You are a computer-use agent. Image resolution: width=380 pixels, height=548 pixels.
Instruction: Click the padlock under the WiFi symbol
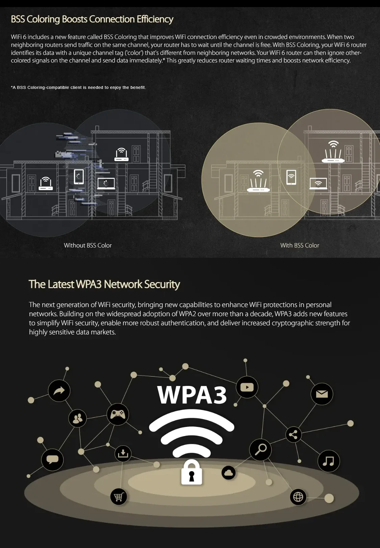pos(192,472)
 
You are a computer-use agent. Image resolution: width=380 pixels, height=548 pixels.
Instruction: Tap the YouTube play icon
pos(247,387)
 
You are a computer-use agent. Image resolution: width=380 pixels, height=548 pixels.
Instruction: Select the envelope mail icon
pos(322,394)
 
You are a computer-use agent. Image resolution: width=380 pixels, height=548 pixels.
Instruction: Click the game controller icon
pos(118,414)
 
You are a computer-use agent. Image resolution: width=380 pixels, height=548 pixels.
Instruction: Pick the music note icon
pos(328,461)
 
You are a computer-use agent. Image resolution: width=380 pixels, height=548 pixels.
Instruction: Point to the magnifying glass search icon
pos(260,449)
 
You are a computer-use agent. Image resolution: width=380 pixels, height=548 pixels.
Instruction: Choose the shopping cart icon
pos(119,497)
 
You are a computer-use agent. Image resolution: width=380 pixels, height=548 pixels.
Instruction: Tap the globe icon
pos(298,497)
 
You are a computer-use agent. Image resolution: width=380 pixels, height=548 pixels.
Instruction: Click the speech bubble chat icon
pos(52,460)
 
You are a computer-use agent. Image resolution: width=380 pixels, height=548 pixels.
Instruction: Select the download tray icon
pos(123,454)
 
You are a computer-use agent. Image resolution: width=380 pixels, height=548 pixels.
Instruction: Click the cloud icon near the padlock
pos(229,473)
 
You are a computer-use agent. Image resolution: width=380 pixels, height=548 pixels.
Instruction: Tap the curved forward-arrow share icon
pos(59,391)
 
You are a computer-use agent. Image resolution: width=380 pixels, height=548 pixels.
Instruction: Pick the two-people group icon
pos(78,418)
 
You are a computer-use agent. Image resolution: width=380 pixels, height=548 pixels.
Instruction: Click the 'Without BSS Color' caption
pos(88,245)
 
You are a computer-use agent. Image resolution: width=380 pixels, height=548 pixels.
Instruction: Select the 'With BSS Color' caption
pos(300,245)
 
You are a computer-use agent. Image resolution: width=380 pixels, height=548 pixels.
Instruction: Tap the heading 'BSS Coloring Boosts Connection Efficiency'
pos(92,19)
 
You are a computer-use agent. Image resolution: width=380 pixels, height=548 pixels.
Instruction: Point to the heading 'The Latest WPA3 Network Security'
pos(104,284)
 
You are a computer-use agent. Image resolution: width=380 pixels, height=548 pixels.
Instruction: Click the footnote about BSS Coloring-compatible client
pos(78,87)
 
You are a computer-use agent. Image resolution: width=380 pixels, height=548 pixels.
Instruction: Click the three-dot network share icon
pos(293,435)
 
